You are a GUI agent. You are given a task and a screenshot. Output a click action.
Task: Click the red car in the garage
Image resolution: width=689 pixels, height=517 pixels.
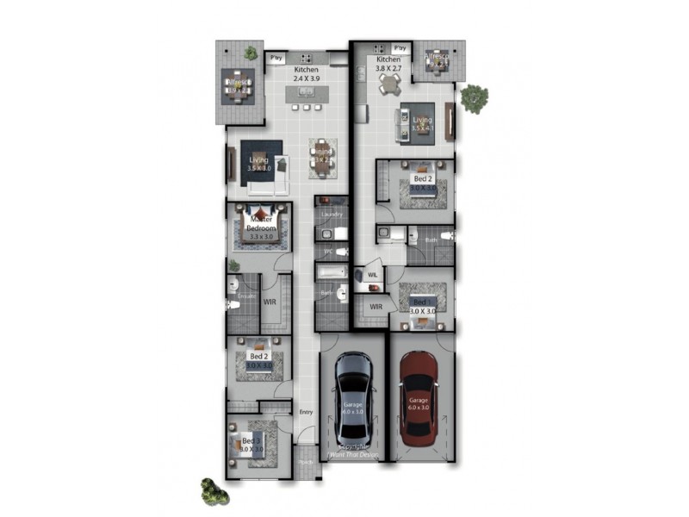[418, 397]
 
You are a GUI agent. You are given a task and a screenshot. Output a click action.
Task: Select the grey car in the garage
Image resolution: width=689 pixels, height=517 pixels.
[352, 397]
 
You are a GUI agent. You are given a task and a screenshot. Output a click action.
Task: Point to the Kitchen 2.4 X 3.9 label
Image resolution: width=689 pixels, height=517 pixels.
[307, 74]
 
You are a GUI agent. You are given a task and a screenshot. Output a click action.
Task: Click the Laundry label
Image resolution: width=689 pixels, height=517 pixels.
[332, 214]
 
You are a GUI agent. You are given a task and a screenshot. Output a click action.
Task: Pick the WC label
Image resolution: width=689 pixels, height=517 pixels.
[327, 252]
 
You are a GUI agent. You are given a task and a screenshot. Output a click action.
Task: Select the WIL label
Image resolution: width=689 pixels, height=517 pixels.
[372, 275]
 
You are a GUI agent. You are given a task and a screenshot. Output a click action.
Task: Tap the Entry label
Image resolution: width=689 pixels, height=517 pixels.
[306, 412]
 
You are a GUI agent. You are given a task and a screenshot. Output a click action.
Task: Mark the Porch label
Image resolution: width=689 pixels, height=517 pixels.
[305, 462]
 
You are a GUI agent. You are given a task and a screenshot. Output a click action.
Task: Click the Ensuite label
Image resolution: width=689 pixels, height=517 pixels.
[246, 296]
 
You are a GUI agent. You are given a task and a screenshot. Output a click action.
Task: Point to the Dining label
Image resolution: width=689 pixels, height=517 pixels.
[322, 156]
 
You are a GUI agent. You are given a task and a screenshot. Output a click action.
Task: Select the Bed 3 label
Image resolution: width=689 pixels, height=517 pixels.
[251, 445]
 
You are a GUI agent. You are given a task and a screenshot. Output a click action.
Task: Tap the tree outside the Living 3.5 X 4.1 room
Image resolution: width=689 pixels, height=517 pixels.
[473, 98]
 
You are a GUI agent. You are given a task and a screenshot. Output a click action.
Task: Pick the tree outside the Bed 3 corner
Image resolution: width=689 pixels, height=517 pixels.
[214, 492]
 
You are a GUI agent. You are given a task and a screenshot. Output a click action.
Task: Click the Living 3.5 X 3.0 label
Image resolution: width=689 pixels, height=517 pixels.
[259, 164]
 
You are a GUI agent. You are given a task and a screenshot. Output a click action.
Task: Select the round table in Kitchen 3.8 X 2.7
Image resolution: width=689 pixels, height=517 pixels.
[390, 84]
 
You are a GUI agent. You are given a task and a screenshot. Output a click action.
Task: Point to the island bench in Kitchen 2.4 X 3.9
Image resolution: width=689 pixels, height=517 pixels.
[306, 109]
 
